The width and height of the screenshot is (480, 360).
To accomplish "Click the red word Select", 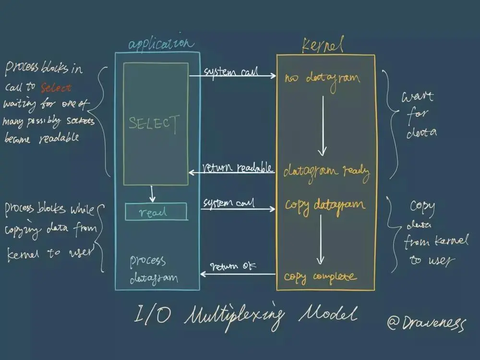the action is click(56, 88).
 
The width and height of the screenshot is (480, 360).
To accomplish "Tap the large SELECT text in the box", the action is click(155, 123).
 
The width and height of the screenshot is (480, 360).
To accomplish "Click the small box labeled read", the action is click(156, 212).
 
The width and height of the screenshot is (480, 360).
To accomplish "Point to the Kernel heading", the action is click(322, 45).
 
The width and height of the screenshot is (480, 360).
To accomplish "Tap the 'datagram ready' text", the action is click(326, 171).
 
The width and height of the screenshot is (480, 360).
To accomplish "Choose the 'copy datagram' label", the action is click(325, 205).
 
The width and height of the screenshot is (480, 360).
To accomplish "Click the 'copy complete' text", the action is click(320, 276).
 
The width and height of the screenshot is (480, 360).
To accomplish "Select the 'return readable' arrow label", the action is click(238, 168).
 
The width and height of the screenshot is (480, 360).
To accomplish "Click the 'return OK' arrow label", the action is click(233, 266).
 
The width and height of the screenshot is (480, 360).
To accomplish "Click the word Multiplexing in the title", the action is click(234, 316).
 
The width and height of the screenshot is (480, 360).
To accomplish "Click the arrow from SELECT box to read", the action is click(152, 193).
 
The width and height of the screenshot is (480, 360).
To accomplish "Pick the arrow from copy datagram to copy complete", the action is click(320, 239).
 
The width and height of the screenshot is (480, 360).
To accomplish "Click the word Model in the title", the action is click(328, 315).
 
